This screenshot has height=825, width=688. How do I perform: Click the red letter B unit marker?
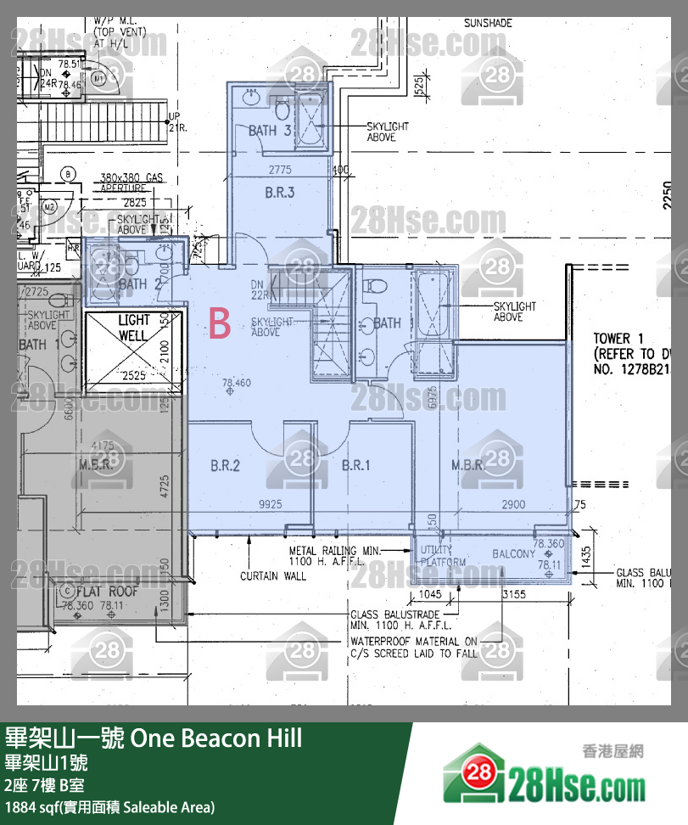pos(220,324)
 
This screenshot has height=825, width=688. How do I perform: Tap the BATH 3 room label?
pos(270,130)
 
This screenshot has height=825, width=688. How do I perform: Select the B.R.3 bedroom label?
pos(279,193)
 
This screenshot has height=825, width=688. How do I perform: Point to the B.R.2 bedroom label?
pos(225,465)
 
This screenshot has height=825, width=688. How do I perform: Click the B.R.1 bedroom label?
pos(356,465)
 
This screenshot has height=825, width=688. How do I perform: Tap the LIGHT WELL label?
pos(133,328)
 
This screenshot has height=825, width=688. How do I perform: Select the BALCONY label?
pos(514,554)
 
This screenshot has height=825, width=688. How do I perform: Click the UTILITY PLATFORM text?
pos(443,556)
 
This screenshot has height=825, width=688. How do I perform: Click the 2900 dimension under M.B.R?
pos(513,504)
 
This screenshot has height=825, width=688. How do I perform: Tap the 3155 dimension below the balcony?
pos(514,595)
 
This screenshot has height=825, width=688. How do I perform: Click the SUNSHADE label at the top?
pos(488,23)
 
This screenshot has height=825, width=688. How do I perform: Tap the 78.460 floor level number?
pos(237,383)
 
